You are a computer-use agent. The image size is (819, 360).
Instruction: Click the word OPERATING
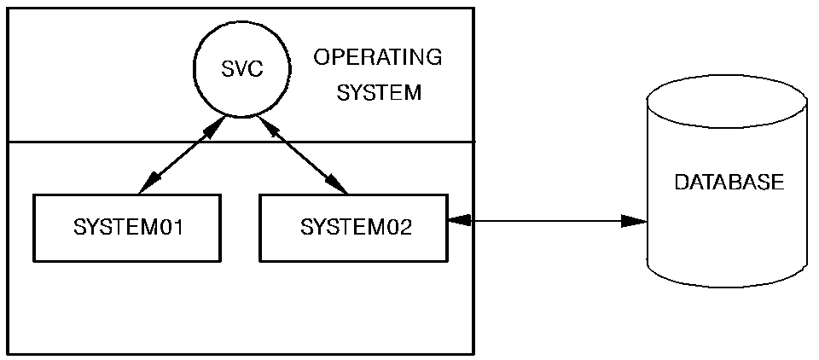tap(377, 57)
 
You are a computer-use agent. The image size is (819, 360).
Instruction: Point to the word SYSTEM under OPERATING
tap(379, 92)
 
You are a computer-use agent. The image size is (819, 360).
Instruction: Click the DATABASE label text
tap(729, 183)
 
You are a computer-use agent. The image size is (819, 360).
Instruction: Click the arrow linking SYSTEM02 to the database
tap(546, 222)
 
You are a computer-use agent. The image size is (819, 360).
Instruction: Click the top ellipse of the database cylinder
tap(726, 101)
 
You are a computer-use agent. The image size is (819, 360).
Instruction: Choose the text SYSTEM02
tap(356, 228)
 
